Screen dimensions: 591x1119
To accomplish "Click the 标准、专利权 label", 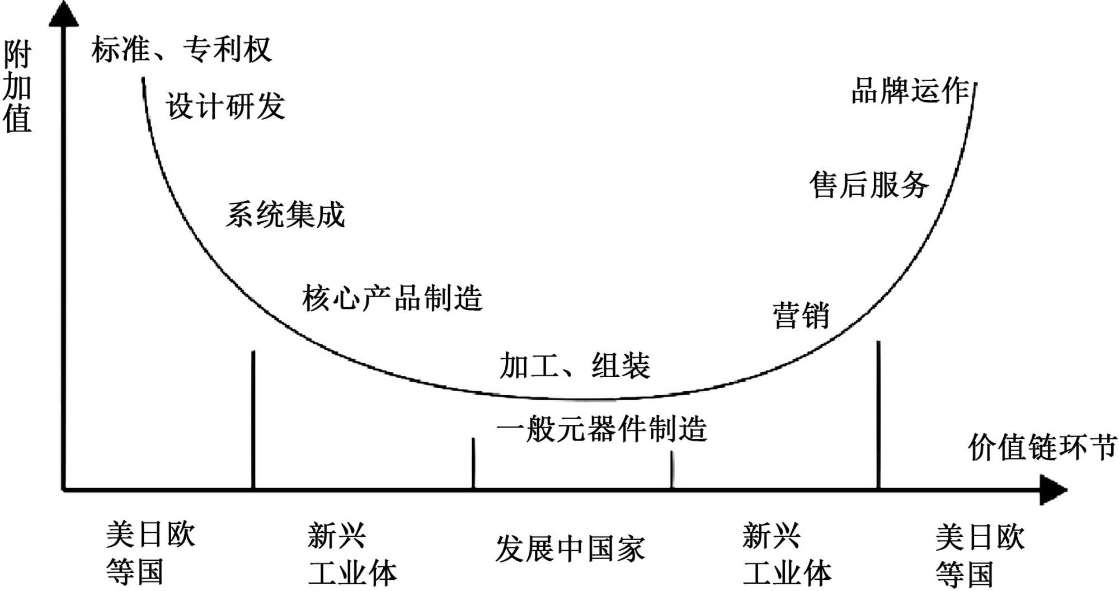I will click(181, 49).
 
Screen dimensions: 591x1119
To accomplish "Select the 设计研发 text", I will click(225, 106).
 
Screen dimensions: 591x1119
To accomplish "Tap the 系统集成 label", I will click(285, 215).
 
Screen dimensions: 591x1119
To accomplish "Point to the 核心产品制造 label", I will click(392, 298).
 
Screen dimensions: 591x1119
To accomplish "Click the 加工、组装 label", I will click(575, 366).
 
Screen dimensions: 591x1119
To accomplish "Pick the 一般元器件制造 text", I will click(602, 429).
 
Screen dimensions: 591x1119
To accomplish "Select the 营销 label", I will click(801, 316).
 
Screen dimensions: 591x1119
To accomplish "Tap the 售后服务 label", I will click(869, 185).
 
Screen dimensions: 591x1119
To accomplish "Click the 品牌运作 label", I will click(910, 91).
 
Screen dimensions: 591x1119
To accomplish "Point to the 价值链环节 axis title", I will click(1042, 448).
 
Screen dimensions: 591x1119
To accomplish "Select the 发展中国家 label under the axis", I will click(570, 548).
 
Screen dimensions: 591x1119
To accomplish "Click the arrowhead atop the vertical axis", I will click(64, 14).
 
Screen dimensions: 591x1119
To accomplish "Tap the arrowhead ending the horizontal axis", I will click(1053, 490).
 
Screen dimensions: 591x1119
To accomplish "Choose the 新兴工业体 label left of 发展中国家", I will click(351, 554).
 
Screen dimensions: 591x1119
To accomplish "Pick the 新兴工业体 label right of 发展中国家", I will click(786, 554).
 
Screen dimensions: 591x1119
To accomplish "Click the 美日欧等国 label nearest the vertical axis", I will click(150, 553).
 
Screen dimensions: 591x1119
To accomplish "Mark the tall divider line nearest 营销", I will click(878, 414).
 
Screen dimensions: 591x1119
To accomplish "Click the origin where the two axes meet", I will click(64, 490).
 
